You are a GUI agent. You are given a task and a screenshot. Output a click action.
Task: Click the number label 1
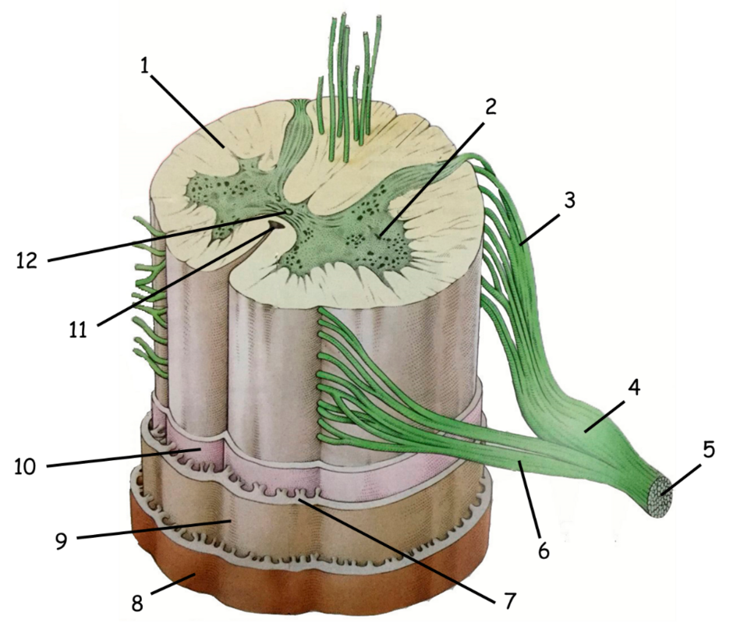[145, 66]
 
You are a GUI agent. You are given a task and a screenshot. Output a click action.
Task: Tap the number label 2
[490, 107]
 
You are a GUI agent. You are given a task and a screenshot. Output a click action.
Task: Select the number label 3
[569, 200]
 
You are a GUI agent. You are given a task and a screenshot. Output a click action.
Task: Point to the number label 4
[634, 387]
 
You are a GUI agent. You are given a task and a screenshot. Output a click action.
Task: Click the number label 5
[709, 450]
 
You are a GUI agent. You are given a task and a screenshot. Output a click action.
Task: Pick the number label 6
[544, 551]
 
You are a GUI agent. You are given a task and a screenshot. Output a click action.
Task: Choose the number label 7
[509, 600]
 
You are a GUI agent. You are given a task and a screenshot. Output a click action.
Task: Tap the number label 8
[136, 603]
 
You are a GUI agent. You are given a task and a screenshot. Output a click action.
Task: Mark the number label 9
[62, 540]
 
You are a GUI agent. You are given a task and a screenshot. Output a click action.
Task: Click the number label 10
[24, 466]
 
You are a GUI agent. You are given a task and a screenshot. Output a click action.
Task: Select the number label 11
[78, 330]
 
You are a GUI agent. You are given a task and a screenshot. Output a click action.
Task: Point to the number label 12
[27, 260]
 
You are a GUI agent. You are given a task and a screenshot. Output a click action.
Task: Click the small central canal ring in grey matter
[288, 212]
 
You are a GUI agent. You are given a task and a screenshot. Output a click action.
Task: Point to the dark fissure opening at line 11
[275, 226]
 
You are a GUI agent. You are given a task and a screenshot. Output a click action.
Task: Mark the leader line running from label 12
[168, 236]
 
